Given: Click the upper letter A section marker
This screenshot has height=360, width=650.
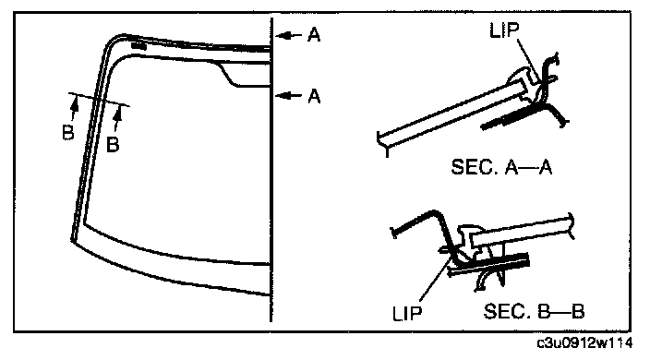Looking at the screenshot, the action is click(314, 35).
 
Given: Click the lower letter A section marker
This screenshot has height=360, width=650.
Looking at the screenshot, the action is click(314, 96).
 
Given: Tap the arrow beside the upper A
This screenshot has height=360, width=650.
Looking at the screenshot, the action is click(288, 36).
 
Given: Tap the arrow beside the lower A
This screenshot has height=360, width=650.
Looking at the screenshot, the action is click(288, 96).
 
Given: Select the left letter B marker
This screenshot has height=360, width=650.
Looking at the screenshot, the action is click(68, 133).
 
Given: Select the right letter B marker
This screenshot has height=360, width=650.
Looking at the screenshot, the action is click(113, 145).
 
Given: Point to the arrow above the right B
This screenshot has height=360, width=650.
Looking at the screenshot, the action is click(118, 119).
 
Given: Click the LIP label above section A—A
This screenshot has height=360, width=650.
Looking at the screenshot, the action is click(504, 30).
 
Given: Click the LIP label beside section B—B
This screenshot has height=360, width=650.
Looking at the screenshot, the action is click(407, 314).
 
